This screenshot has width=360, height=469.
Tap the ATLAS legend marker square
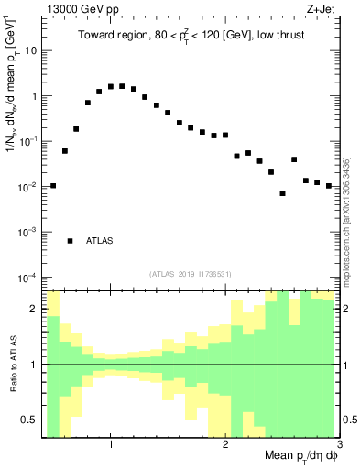70,241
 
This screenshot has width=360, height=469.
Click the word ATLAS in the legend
100,241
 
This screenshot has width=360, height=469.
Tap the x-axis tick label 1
111,444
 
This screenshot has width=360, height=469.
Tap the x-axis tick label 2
225,444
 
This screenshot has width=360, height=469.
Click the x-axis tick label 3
338,444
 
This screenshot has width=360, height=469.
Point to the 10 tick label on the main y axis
30,50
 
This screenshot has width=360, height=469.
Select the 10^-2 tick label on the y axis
27,187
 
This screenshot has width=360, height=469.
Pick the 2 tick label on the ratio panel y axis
35,309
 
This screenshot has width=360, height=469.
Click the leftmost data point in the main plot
53,186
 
